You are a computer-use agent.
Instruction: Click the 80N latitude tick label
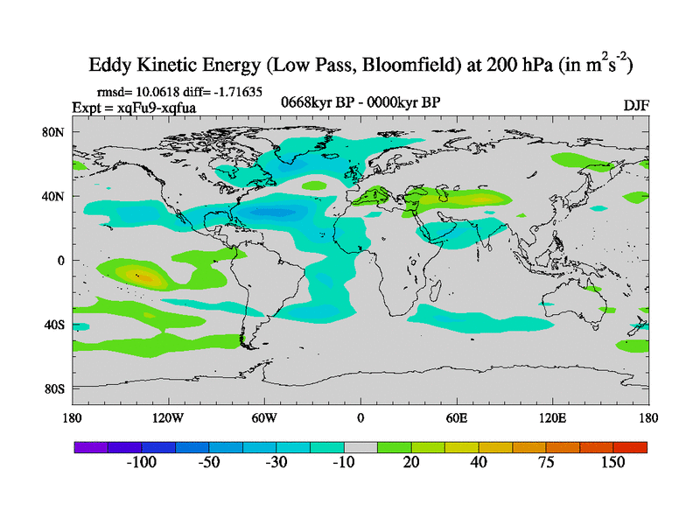(x=57, y=132)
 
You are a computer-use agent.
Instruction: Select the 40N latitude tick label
(x=57, y=197)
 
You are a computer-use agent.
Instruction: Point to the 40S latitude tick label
(x=57, y=325)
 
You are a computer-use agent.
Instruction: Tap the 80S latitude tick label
(x=57, y=388)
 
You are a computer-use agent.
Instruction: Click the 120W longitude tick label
(x=169, y=417)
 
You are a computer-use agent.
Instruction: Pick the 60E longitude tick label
(x=457, y=417)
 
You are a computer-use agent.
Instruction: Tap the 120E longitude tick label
(x=552, y=417)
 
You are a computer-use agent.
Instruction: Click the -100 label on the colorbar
(x=141, y=463)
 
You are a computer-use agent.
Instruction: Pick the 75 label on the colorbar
(x=546, y=463)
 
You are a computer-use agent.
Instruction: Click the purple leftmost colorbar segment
(x=90, y=447)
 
